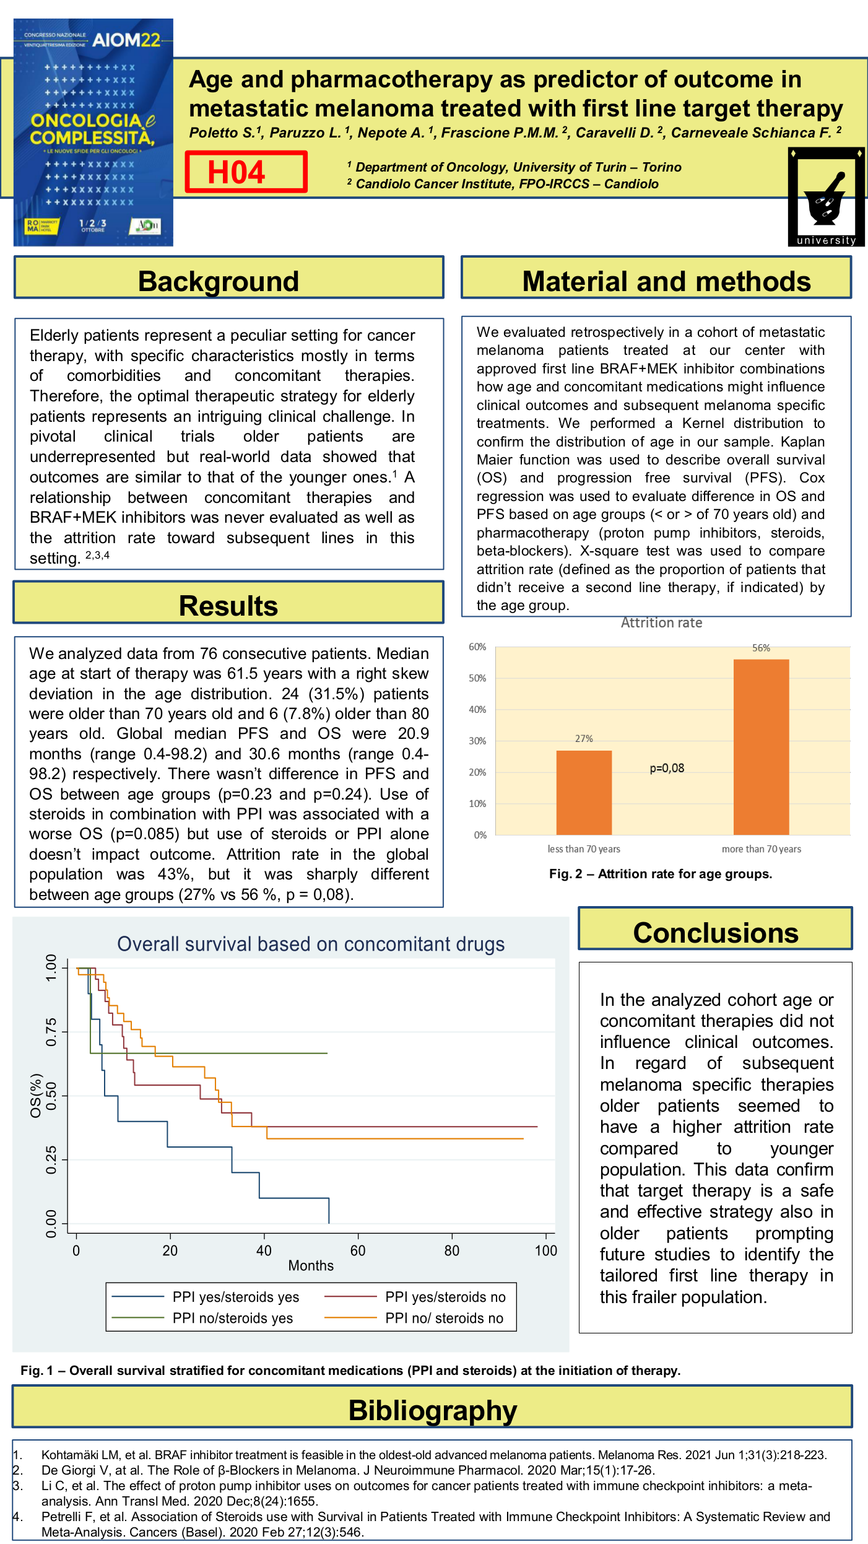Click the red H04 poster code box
click(246, 172)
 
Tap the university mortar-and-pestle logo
click(826, 197)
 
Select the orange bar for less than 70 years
click(584, 792)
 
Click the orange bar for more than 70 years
click(761, 746)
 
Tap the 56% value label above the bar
click(761, 648)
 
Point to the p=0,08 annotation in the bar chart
click(667, 768)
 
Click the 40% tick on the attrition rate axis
click(477, 709)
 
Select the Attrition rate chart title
click(661, 622)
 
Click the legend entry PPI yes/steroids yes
click(235, 1297)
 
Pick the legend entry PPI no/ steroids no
click(444, 1318)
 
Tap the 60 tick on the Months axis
click(358, 1250)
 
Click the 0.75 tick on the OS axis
click(51, 1032)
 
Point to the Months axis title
click(311, 1265)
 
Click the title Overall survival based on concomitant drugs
click(311, 944)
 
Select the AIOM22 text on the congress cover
click(126, 40)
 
